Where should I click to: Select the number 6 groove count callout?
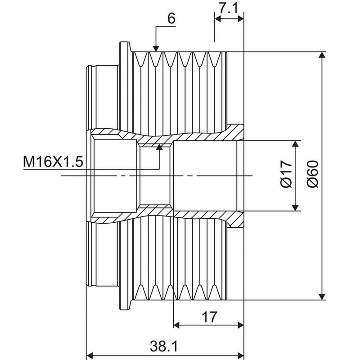(x=171, y=18)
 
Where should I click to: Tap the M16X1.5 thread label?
(x=53, y=162)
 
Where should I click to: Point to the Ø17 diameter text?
(x=287, y=174)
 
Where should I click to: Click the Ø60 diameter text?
(x=313, y=174)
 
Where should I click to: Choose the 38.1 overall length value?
(x=164, y=346)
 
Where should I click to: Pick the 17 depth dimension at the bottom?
(x=209, y=317)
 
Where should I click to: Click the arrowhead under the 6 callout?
(x=156, y=49)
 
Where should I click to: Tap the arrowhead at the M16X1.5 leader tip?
(x=159, y=147)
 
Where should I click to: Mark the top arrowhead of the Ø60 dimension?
(x=322, y=55)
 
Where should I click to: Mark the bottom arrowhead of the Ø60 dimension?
(x=322, y=297)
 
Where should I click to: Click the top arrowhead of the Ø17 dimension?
(x=296, y=144)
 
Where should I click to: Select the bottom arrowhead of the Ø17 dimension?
(x=296, y=207)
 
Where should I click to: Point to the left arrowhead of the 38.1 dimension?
(x=90, y=355)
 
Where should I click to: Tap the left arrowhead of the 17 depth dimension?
(x=176, y=325)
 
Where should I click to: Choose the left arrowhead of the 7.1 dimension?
(x=218, y=19)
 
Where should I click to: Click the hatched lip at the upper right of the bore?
(x=235, y=132)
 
